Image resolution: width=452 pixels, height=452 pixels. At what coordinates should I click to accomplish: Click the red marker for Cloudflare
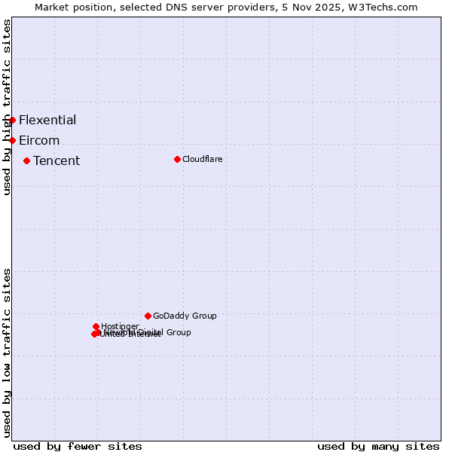[x=177, y=159]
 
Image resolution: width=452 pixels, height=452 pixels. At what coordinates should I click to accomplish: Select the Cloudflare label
[x=202, y=159]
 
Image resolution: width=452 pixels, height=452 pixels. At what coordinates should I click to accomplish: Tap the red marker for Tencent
[x=26, y=160]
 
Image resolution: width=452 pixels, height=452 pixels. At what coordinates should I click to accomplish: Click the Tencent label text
[x=56, y=160]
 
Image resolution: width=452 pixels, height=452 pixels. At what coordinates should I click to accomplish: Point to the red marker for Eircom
[x=12, y=140]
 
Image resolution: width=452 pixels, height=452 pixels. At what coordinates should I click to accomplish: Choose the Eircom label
[x=39, y=140]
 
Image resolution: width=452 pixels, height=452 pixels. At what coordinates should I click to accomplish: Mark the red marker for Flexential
[x=12, y=120]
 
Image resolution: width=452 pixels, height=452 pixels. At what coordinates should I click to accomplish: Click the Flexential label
[x=47, y=120]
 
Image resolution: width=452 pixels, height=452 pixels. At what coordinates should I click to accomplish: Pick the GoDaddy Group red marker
[x=148, y=316]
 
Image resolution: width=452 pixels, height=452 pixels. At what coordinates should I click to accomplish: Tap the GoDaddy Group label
[x=185, y=316]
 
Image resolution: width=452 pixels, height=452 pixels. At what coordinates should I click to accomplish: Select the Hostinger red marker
[x=96, y=326]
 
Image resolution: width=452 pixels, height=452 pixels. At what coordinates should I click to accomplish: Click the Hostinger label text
[x=120, y=326]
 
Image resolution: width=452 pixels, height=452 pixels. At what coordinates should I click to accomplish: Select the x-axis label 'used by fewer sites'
[x=78, y=446]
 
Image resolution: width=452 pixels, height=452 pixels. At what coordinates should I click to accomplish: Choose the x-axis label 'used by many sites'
[x=378, y=446]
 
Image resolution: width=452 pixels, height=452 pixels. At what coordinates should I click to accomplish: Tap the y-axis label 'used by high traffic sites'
[x=7, y=108]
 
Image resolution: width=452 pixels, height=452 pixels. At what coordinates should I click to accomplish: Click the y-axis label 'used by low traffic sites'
[x=7, y=353]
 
